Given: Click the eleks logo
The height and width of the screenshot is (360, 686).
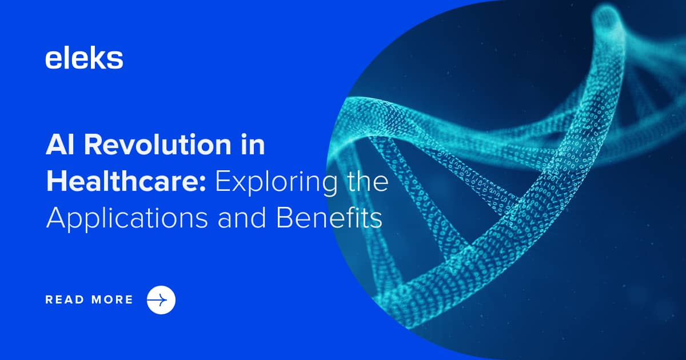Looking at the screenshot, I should click(x=84, y=59).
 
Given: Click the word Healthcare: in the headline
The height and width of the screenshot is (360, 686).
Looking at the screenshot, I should click(x=126, y=182).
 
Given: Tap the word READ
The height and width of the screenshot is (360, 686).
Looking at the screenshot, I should click(x=65, y=299).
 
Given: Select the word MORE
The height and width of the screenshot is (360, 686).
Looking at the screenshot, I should click(x=112, y=299).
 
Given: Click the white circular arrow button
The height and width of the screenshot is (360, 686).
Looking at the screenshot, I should click(x=161, y=299).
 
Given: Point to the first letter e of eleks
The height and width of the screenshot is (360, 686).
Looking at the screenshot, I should click(x=53, y=60).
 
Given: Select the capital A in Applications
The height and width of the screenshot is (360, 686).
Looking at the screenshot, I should click(x=55, y=218).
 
